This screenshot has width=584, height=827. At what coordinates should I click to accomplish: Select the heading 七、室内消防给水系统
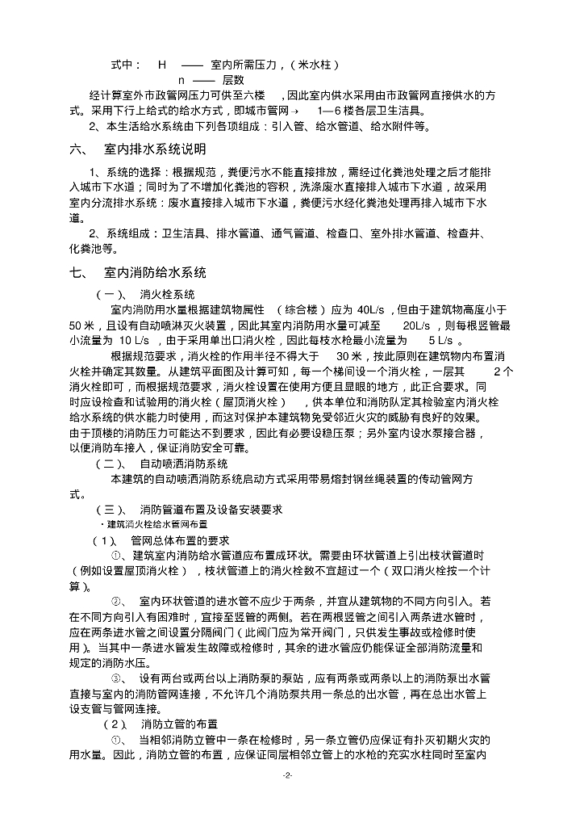138,272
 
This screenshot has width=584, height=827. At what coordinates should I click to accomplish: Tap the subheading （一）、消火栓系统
145,293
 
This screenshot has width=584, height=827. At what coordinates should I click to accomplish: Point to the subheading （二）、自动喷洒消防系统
162,464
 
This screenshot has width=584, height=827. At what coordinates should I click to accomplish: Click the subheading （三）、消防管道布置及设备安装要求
189,510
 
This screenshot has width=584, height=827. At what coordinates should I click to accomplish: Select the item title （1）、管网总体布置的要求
161,540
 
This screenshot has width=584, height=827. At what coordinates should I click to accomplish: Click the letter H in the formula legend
162,64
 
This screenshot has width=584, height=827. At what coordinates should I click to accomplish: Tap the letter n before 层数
181,80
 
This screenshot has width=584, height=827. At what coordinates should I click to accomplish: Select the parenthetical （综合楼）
302,309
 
